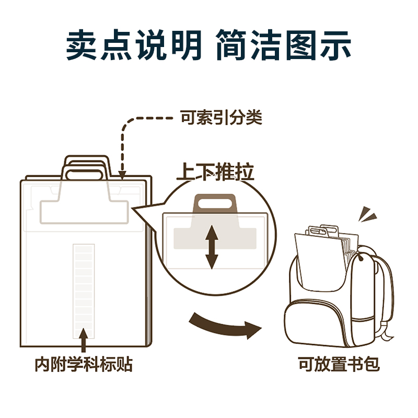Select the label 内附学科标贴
tap(84, 364)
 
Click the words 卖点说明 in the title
tap(134, 47)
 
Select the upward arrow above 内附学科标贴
tap(84, 339)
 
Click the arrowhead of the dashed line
tap(122, 174)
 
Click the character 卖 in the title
tap(83, 47)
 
